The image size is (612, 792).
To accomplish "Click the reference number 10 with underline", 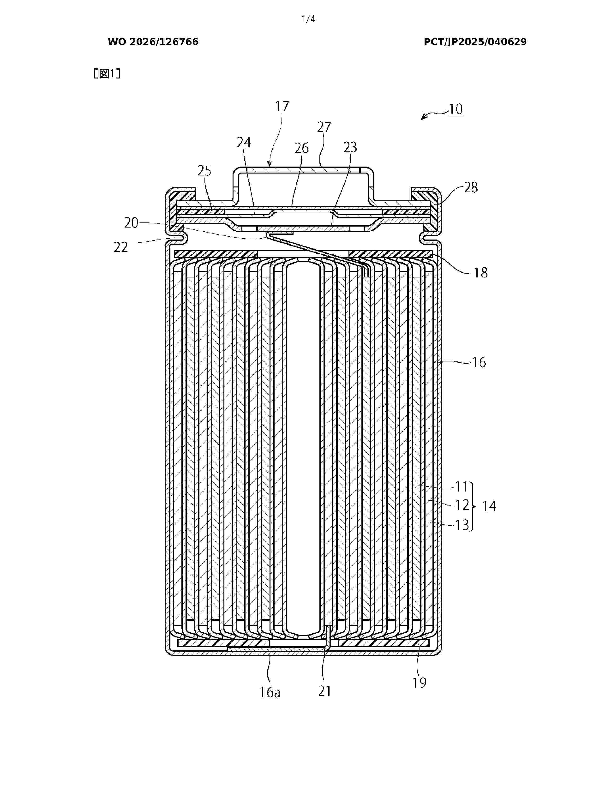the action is click(456, 109).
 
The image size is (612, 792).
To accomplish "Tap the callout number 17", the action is click(282, 106).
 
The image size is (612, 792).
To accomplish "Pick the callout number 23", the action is click(350, 147).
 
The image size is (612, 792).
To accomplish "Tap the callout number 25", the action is click(204, 171).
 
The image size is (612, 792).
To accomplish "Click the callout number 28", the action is click(471, 187).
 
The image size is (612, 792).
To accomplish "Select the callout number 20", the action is click(131, 223).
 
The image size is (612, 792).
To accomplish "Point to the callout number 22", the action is click(121, 247).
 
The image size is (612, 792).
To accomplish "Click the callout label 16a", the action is click(270, 693).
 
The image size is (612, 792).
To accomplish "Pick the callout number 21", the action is click(324, 691).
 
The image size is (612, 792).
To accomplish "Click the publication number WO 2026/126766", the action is click(153, 42).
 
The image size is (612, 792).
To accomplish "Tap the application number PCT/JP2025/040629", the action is click(475, 42).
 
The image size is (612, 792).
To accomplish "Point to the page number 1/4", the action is click(309, 19).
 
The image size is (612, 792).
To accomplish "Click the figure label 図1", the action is click(107, 74).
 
